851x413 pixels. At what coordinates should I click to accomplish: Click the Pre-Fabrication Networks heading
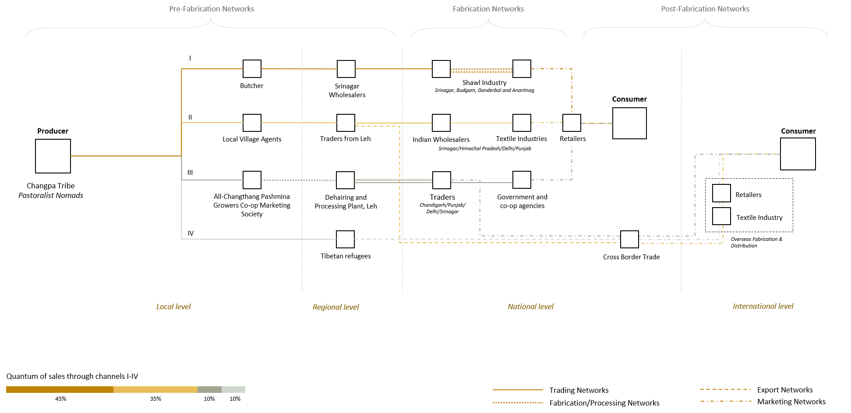(x=212, y=9)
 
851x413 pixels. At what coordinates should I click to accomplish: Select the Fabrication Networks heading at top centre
(x=488, y=9)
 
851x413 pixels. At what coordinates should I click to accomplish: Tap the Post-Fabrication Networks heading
(x=705, y=9)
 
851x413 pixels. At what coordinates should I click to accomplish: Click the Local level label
(x=173, y=307)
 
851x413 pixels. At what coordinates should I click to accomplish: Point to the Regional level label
(x=335, y=307)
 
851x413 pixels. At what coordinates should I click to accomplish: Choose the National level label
(x=530, y=307)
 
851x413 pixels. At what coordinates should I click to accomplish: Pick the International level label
(x=763, y=306)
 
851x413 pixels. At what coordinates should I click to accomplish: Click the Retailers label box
(x=572, y=139)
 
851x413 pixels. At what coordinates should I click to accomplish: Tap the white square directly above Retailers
(x=572, y=123)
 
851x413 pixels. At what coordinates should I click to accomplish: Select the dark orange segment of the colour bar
(x=60, y=389)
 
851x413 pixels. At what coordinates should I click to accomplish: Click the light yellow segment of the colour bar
(x=155, y=389)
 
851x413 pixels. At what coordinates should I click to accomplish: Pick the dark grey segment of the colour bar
(x=209, y=389)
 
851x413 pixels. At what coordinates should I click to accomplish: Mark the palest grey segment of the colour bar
(x=233, y=389)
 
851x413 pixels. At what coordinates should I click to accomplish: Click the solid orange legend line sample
(x=518, y=389)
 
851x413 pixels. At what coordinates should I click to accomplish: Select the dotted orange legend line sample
(x=518, y=402)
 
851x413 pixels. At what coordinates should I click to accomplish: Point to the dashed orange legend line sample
(x=725, y=389)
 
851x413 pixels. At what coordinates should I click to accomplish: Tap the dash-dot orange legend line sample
(x=726, y=401)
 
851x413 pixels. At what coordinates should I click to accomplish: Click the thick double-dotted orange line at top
(x=481, y=70)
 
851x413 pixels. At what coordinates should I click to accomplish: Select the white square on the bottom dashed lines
(x=629, y=239)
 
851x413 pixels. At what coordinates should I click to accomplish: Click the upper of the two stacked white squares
(x=721, y=193)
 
